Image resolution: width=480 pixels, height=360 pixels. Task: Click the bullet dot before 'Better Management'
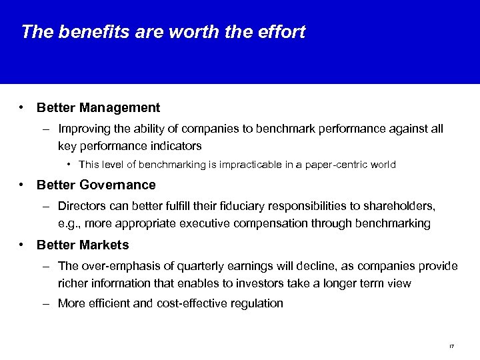click(23, 107)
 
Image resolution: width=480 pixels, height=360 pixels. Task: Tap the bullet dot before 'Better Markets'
click(23, 245)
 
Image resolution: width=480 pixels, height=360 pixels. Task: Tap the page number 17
click(451, 345)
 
